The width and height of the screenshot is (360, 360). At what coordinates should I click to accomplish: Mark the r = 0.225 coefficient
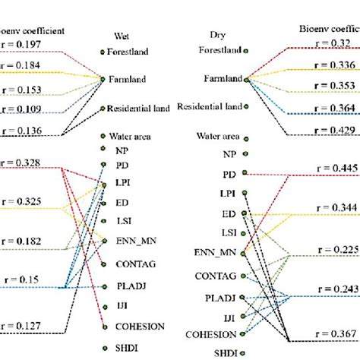point(333,249)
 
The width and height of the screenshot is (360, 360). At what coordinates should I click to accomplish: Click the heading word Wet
point(121,35)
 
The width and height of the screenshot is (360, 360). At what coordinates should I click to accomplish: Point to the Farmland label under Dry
point(223,77)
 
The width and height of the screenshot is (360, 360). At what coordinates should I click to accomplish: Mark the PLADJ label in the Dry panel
point(223,296)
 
